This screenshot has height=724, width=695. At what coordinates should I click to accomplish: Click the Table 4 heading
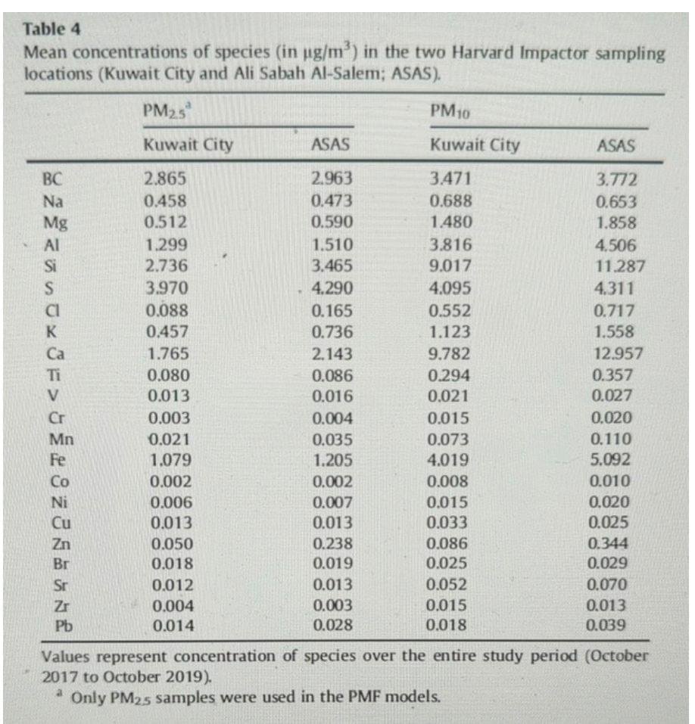pyautogui.click(x=53, y=30)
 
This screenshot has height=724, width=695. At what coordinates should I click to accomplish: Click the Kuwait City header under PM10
pyautogui.click(x=475, y=145)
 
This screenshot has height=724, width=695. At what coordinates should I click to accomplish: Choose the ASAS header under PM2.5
pyautogui.click(x=330, y=145)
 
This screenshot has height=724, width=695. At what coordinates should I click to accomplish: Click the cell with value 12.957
pyautogui.click(x=619, y=354)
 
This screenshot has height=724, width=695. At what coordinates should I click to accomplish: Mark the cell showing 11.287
pyautogui.click(x=619, y=266)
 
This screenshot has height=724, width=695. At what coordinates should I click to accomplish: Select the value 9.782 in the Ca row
pyautogui.click(x=450, y=354)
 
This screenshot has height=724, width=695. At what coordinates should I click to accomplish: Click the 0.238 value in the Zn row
pyautogui.click(x=330, y=543)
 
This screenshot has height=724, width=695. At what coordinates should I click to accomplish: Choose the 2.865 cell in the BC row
pyautogui.click(x=164, y=180)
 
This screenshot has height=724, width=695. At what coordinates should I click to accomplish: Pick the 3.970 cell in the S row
pyautogui.click(x=165, y=288)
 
